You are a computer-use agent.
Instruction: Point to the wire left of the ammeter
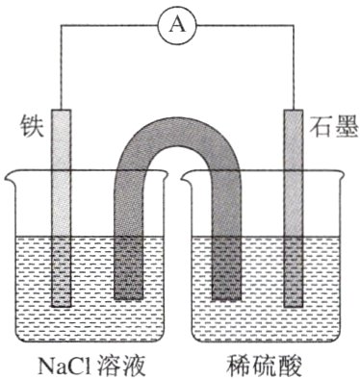click(106, 26)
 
